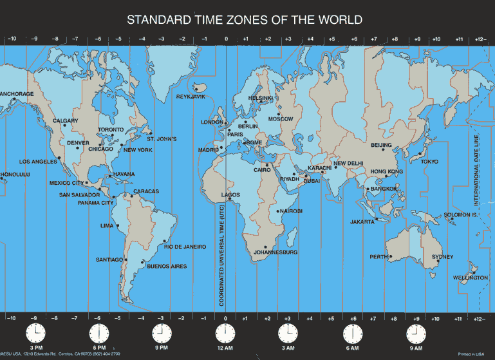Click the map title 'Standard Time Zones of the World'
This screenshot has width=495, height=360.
click(244, 19)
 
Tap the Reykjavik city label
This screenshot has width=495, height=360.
click(191, 97)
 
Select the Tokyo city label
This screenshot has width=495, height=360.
click(429, 162)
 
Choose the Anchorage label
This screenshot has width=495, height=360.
click(16, 94)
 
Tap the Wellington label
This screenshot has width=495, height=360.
click(471, 278)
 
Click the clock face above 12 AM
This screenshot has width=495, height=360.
click(225, 334)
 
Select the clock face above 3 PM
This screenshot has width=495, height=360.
click(36, 334)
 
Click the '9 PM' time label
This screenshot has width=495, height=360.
click(161, 348)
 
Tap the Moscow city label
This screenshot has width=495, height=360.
click(281, 119)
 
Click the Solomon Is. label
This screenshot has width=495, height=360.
click(461, 214)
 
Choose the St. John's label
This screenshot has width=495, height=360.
click(162, 139)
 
